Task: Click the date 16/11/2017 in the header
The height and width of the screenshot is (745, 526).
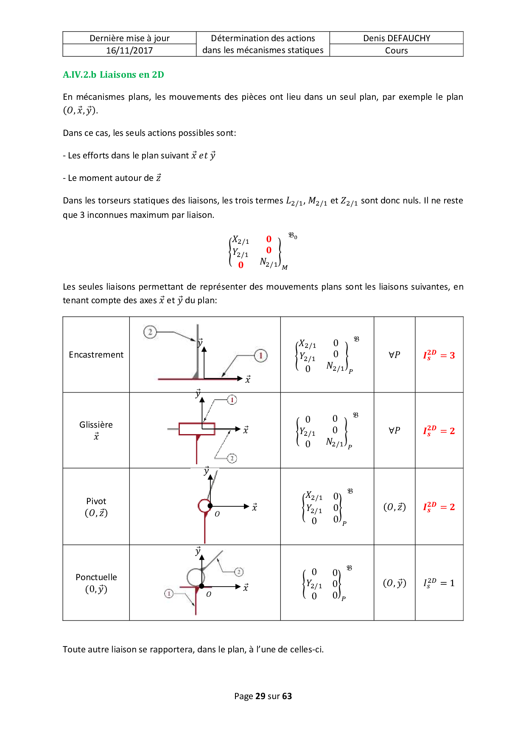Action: (x=129, y=51)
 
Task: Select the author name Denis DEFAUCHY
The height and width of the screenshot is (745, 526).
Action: (x=396, y=38)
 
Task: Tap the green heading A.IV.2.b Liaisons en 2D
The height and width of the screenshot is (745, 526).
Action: (x=113, y=75)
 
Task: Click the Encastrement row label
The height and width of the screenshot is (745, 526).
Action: (x=96, y=355)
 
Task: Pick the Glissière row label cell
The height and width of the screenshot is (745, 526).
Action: (x=96, y=430)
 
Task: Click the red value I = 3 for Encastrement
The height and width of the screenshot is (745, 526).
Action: (x=439, y=355)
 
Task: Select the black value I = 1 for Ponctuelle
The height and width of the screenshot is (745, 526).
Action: (x=439, y=583)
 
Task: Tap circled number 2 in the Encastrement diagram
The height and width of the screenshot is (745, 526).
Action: (x=150, y=332)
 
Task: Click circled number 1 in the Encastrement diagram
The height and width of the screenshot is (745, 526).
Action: (x=260, y=356)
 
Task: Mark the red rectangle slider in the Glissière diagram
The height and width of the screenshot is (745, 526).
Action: (x=196, y=429)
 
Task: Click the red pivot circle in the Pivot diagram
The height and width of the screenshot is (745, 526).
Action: (x=204, y=505)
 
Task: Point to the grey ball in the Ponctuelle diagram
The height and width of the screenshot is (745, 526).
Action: (x=196, y=577)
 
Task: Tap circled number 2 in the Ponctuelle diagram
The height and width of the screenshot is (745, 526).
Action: (x=239, y=572)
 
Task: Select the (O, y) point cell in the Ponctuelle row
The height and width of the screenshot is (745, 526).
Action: (x=394, y=583)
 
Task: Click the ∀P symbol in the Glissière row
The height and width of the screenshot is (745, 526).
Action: (x=394, y=430)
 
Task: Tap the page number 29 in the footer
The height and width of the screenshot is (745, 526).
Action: (x=260, y=696)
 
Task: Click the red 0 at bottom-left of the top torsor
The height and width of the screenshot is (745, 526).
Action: (x=241, y=265)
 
